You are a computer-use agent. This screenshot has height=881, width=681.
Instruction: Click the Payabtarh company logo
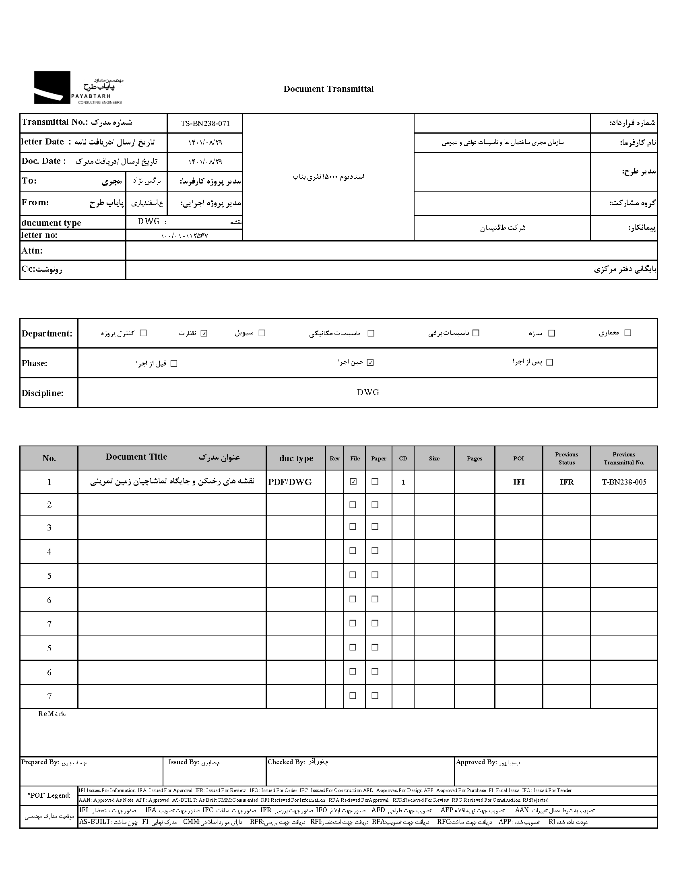(x=78, y=88)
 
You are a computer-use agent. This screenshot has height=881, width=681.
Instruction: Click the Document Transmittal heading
(x=328, y=89)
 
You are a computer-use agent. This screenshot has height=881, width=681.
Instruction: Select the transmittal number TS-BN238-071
(x=205, y=124)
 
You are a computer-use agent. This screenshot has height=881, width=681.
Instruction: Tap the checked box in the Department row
(x=204, y=333)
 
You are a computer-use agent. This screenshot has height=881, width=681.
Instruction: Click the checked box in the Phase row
(x=370, y=363)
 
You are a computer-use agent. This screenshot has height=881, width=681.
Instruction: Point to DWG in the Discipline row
(x=368, y=392)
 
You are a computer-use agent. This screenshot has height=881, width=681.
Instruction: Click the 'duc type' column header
(x=296, y=458)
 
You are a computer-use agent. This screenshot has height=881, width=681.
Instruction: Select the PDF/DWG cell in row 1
(x=290, y=482)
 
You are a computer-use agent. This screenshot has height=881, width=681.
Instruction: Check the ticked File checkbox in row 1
(x=353, y=482)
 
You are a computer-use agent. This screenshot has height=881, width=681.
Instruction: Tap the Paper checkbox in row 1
(x=375, y=482)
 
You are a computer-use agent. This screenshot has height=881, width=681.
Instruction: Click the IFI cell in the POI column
(x=519, y=482)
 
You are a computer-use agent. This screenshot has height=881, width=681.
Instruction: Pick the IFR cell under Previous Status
(x=566, y=482)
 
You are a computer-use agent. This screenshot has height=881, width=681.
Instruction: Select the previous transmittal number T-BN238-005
(x=624, y=482)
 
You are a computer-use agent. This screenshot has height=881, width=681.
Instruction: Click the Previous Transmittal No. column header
(x=624, y=458)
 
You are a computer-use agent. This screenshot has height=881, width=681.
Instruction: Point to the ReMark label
(x=52, y=714)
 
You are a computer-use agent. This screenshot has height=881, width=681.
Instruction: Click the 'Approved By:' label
(x=476, y=762)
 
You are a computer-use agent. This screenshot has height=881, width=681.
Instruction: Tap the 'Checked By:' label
(x=286, y=762)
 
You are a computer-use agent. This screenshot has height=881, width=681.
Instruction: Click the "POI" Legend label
(x=49, y=796)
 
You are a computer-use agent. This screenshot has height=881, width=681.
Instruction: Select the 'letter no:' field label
(x=39, y=235)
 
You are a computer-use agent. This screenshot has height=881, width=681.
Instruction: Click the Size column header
(x=434, y=459)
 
